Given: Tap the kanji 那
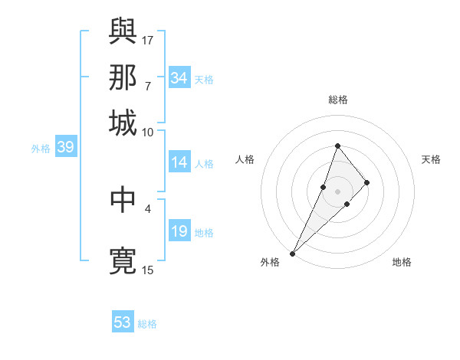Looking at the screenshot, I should [123, 77].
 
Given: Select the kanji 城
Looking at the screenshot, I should [123, 123].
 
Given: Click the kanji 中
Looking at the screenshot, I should [123, 199].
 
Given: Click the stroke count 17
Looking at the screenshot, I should [148, 39].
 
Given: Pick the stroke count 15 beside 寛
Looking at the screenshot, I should [148, 270].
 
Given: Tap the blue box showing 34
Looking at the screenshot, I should [179, 78].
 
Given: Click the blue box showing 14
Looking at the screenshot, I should [179, 162].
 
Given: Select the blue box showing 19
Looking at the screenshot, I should [179, 231].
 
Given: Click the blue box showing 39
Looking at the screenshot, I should [65, 148].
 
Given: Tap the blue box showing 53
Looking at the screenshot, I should [123, 322].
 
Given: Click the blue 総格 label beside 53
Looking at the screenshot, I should [147, 324].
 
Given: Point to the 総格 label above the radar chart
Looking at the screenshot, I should [337, 100].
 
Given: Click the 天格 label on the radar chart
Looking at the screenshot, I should [432, 159].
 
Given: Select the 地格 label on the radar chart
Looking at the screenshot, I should [402, 262].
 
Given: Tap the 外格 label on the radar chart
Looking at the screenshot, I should [271, 262].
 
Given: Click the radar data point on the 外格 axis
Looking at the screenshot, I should [292, 253].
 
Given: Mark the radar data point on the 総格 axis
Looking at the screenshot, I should [337, 146].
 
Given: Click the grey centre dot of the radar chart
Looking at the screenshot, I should [337, 191].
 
